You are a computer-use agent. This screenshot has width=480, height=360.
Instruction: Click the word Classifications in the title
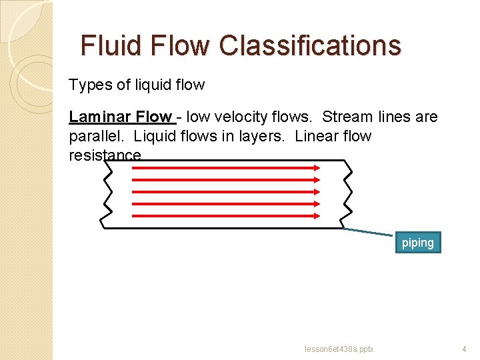pos(310,45)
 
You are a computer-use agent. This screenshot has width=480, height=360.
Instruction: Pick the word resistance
pos(105,155)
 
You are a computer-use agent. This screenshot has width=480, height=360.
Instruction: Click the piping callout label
pos(417,243)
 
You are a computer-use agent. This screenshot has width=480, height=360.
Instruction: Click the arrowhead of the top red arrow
pos(317,167)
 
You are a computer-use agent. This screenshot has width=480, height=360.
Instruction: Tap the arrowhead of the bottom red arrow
pos(317,215)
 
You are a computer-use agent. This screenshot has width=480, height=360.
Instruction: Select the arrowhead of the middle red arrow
pos(317,191)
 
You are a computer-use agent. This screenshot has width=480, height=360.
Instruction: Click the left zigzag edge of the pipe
pos(107,193)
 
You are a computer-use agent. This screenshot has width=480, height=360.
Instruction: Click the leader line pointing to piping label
pos(370,232)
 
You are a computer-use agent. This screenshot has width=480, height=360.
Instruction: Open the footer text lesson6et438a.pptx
pos(339,349)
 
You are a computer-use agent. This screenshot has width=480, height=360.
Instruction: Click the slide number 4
pos(464,349)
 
